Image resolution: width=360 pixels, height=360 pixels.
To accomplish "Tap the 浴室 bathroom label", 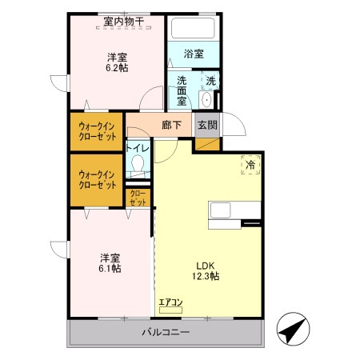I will pos(194,54).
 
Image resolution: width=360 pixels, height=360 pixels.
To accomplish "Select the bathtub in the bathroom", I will pos(194,29).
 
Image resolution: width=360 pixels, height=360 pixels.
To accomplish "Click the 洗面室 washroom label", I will pos(182,90).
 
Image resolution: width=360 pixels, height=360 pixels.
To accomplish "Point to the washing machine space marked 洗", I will pos(210,81).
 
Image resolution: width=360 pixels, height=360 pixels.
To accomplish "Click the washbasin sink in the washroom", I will pos(206,100).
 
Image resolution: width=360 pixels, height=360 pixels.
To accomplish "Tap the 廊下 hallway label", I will pos(170,125).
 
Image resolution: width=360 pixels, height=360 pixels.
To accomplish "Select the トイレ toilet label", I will pos(138,148).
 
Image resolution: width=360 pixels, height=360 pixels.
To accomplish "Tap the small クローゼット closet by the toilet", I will pos(138,198).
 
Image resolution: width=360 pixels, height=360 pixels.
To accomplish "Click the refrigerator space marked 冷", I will pos(250,165).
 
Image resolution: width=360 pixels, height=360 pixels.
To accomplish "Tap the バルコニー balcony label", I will pos(166,331).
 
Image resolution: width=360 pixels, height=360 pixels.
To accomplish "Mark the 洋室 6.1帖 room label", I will pos(110,263).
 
